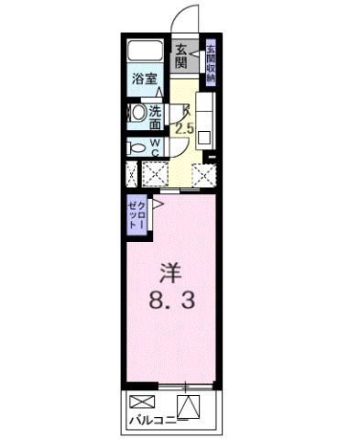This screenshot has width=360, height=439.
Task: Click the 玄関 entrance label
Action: (x=181, y=56)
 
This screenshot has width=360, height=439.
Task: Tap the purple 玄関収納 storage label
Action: (x=211, y=63)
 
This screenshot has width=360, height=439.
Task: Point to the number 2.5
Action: (x=184, y=127)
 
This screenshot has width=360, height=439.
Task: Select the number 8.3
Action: (x=170, y=301)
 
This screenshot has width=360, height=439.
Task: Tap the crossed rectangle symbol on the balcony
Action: (x=142, y=401)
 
